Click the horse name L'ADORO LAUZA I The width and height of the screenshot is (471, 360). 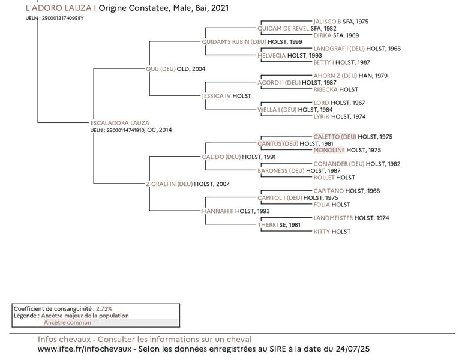click(x=61, y=8)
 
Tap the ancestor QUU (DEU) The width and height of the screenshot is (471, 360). click(x=160, y=69)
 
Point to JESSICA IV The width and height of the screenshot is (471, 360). click(x=216, y=96)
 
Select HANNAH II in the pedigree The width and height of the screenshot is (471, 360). click(x=218, y=211)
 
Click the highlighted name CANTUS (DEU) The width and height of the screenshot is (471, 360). click(x=278, y=143)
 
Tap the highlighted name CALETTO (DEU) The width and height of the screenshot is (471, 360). click(x=335, y=137)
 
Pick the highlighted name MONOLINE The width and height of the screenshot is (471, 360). click(x=329, y=150)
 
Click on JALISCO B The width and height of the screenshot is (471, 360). click(x=327, y=22)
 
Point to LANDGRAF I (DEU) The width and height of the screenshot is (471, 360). click(x=339, y=49)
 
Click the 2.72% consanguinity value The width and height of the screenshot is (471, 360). click(x=104, y=308)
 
